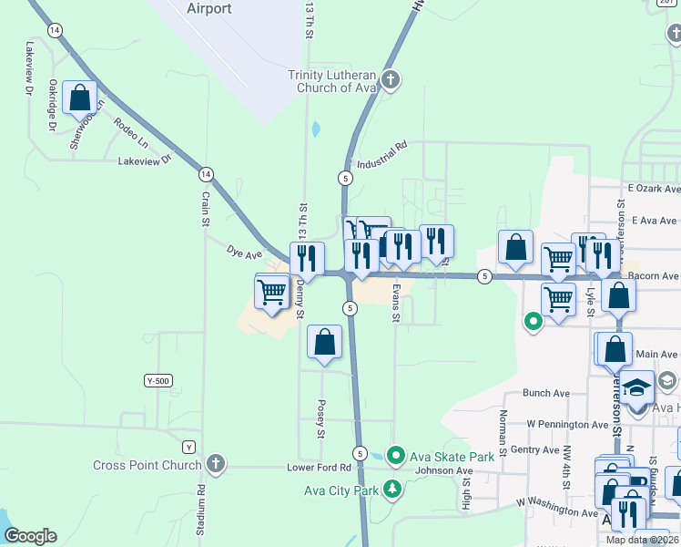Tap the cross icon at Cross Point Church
pos(215,464)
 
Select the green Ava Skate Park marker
pos(395,454)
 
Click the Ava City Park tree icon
pos(393,488)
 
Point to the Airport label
pos(208,9)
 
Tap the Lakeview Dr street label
pos(145,161)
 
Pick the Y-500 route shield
pos(158,379)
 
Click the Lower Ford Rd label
pos(319,468)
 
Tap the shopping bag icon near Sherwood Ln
pos(80,97)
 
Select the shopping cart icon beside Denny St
pos(272,292)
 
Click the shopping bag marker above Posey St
pos(324,343)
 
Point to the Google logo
pos(30,536)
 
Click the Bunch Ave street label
pos(546,393)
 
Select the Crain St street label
pos(206,209)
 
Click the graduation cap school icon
pos(638,388)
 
